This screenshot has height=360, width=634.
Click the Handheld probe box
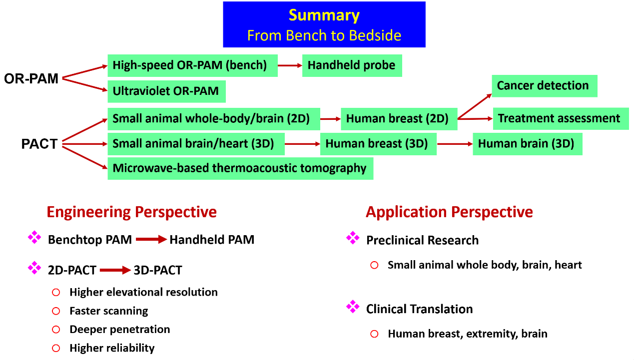pyautogui.click(x=352, y=65)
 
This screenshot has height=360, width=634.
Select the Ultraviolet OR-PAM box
pyautogui.click(x=166, y=91)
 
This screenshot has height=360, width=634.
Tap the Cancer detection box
pyautogui.click(x=544, y=86)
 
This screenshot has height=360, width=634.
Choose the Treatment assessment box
pyautogui.click(x=560, y=119)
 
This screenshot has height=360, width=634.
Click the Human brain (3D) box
pyautogui.click(x=527, y=144)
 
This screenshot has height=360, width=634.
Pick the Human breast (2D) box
pyautogui.click(x=399, y=119)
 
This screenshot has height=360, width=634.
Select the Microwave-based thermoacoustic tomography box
pyautogui.click(x=240, y=168)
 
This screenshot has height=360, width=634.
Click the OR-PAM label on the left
pyautogui.click(x=31, y=78)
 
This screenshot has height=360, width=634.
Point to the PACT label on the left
pyautogui.click(x=39, y=144)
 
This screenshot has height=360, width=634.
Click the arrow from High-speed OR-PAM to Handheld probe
pyautogui.click(x=290, y=65)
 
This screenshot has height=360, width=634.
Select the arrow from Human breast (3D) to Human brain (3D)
pyautogui.click(x=455, y=144)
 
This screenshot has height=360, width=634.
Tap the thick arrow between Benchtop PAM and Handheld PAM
pyautogui.click(x=151, y=240)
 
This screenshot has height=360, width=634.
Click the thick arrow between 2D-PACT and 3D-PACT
pyautogui.click(x=115, y=271)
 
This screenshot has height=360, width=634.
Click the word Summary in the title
pyautogui.click(x=324, y=15)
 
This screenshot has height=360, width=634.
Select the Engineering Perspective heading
pyautogui.click(x=132, y=212)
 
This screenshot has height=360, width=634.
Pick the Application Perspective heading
pyautogui.click(x=449, y=212)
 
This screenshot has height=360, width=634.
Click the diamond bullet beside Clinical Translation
pyautogui.click(x=353, y=307)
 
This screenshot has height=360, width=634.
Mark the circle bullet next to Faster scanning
pyautogui.click(x=56, y=311)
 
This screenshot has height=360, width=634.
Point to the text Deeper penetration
pyautogui.click(x=120, y=330)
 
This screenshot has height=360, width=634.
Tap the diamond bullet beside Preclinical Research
pyautogui.click(x=353, y=238)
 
